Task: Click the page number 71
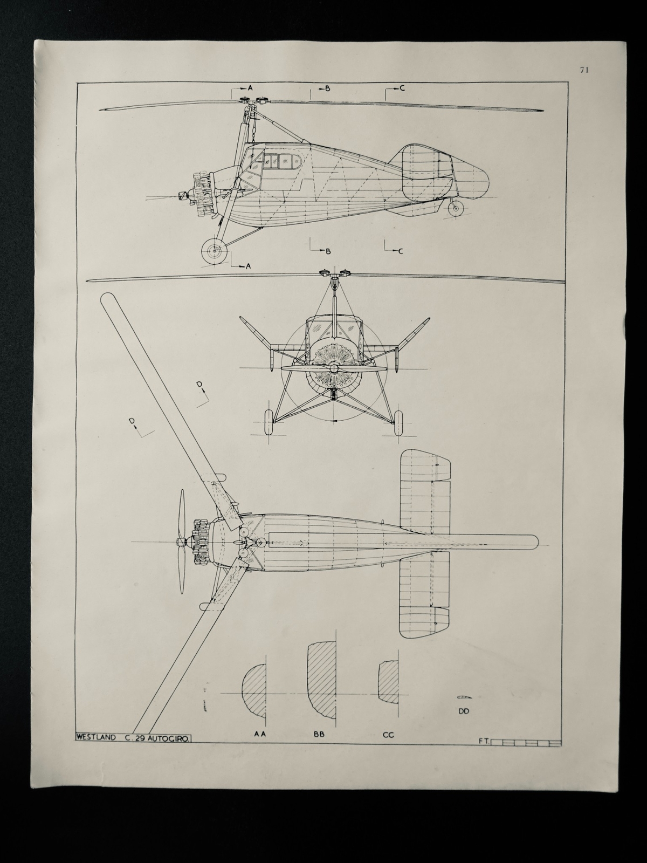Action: click(583, 69)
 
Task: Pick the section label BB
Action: click(319, 735)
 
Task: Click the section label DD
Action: click(464, 711)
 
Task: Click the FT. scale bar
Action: click(526, 743)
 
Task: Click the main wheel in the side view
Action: click(214, 251)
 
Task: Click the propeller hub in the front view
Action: click(334, 368)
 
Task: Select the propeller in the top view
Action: click(182, 541)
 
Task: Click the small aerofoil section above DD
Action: click(464, 697)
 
